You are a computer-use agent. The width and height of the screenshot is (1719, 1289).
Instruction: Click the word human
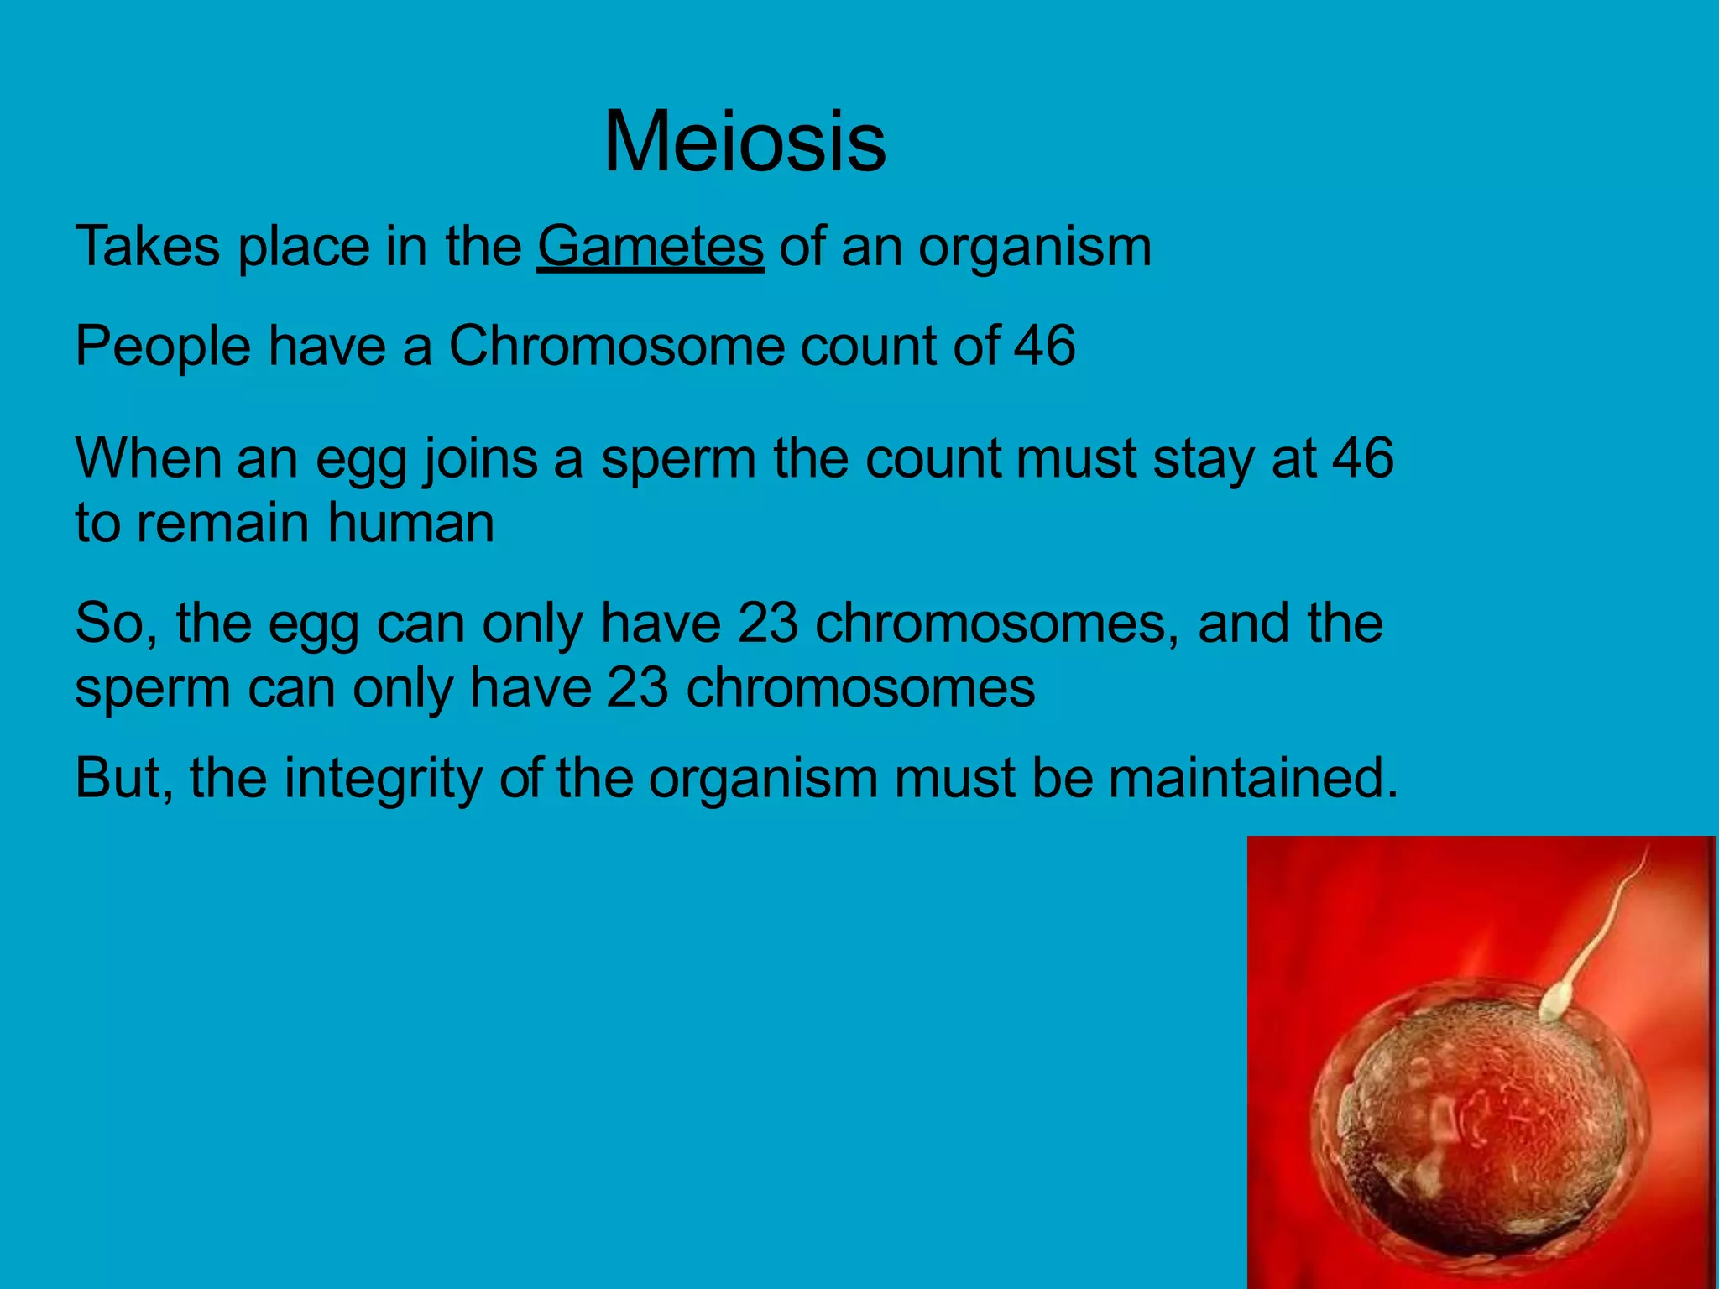[410, 523]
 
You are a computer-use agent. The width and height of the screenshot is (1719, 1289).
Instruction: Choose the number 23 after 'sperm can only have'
[637, 687]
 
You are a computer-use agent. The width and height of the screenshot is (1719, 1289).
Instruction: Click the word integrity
[383, 778]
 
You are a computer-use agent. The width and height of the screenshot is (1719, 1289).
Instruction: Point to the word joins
[479, 459]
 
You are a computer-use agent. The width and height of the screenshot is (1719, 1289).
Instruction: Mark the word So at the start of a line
[114, 623]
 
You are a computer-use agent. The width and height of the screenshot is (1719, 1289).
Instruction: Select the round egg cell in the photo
[1477, 1125]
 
